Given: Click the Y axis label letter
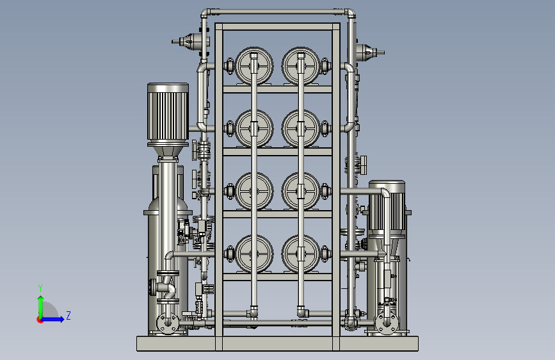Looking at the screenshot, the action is (40, 288).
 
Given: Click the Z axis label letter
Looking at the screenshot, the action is (68, 315).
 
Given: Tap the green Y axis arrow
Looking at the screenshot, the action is (41, 307).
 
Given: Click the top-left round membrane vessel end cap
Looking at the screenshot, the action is (254, 66).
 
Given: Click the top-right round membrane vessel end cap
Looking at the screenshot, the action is (301, 66).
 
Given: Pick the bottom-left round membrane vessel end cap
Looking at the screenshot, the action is (254, 254).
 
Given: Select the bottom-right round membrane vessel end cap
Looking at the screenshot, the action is (301, 254).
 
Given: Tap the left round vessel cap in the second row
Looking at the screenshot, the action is (254, 128).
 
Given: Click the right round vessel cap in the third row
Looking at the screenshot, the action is (301, 192).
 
